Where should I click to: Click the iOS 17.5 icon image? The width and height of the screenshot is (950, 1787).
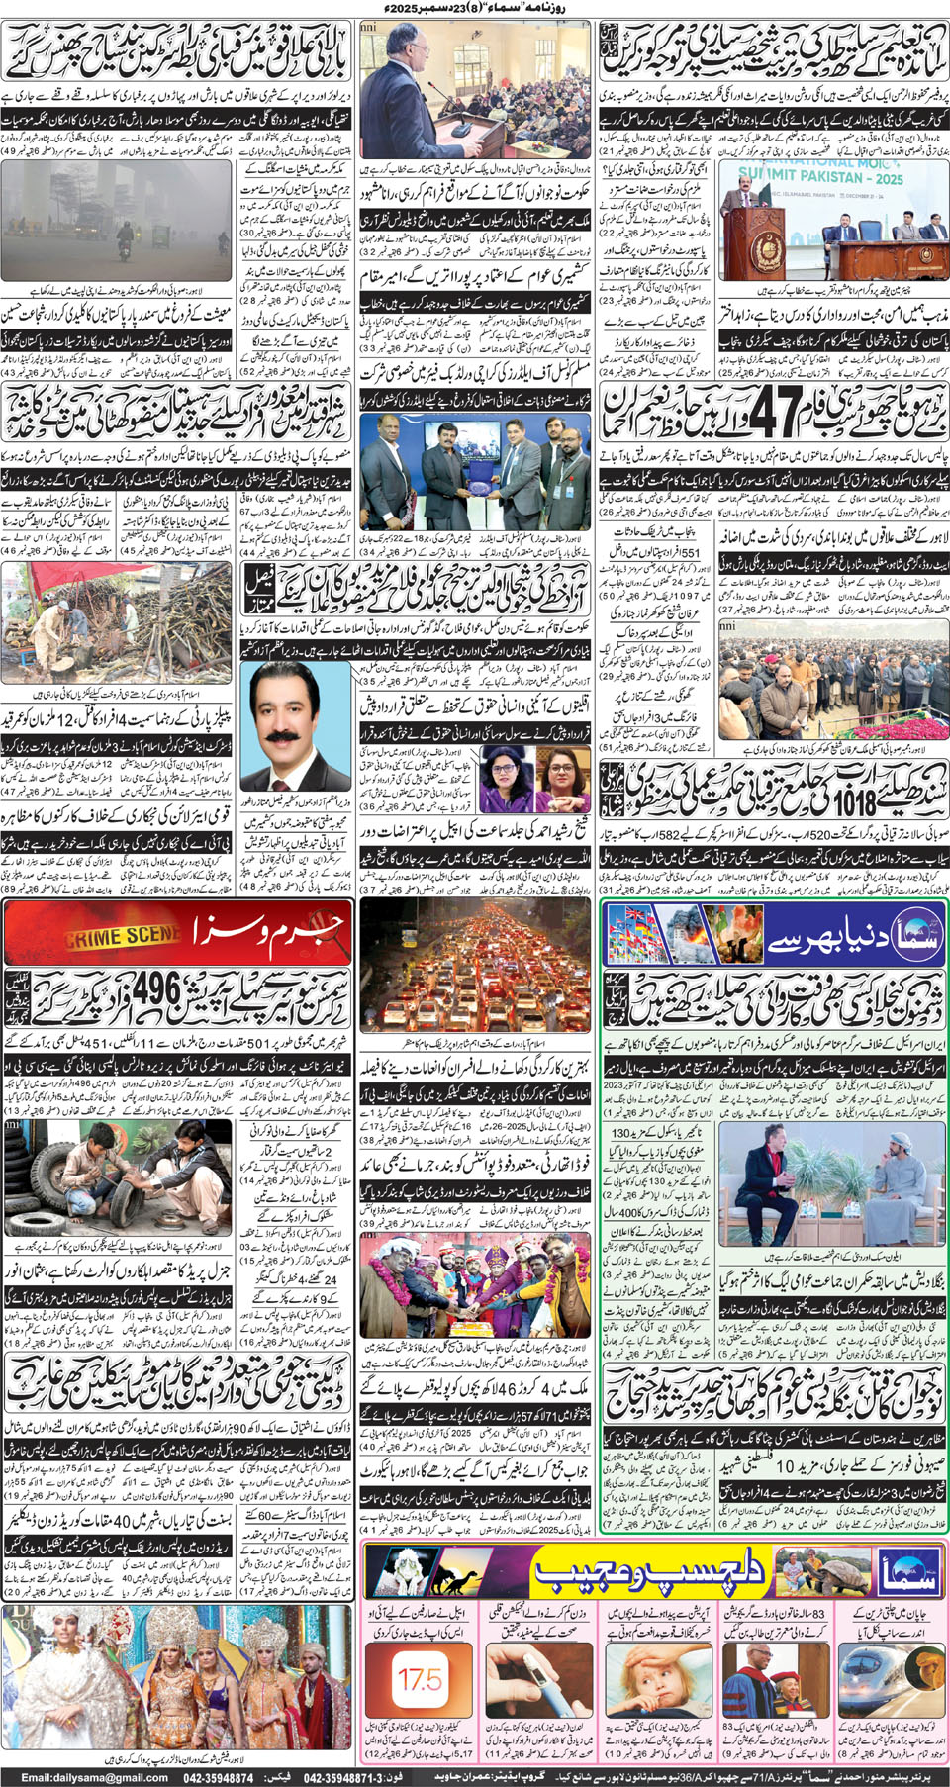(x=419, y=1678)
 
